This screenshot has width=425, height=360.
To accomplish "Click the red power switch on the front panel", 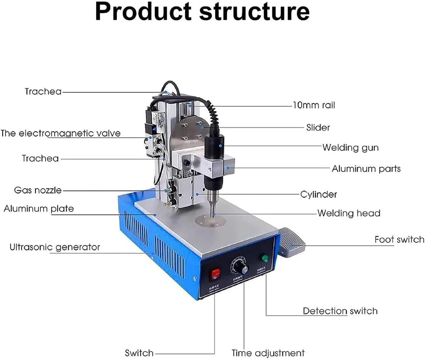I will point(214,273).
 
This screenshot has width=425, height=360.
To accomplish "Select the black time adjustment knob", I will point(241,268).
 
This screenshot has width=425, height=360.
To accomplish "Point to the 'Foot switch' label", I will point(399,239).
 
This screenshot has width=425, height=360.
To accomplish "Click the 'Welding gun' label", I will point(350,147).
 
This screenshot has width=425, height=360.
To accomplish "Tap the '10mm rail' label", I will point(314,105).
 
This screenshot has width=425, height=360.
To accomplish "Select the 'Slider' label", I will point(318,127).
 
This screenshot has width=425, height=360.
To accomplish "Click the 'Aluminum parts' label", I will point(366,168).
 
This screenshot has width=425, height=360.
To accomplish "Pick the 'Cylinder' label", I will point(318,194).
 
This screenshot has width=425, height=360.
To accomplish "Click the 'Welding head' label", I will point(349,213).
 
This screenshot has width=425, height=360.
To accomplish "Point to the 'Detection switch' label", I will point(340,311).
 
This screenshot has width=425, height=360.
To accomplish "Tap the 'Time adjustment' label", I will point(268,353).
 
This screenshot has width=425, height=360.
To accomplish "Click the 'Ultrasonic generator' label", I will point(55,247).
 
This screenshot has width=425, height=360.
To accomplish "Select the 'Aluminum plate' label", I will point(39,209).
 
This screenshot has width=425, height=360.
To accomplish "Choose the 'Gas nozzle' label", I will point(38,190).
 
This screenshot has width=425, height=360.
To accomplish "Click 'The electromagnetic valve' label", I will point(61,133).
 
